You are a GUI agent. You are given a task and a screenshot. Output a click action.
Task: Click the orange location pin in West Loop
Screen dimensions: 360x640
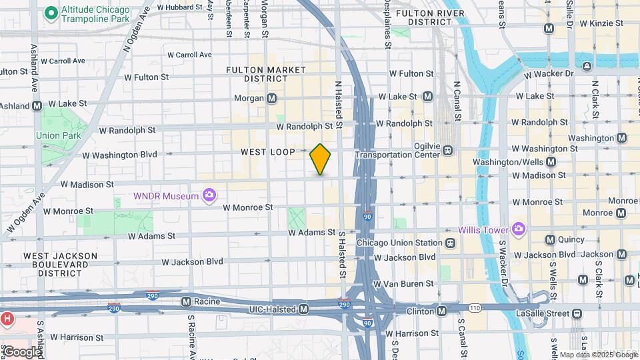(x=320, y=159)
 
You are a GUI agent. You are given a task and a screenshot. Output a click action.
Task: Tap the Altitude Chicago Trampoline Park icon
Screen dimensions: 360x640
(x=49, y=13)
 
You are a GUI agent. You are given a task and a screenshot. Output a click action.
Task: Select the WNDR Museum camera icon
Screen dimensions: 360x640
(x=209, y=195)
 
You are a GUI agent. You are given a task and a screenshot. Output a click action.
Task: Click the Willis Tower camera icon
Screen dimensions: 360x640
(x=518, y=229)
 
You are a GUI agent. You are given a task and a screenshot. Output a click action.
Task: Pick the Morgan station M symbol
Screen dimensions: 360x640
(x=271, y=98)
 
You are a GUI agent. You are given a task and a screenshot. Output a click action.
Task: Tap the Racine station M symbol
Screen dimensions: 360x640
(x=187, y=301)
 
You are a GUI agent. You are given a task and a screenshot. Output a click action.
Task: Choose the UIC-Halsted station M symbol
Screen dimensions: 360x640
(x=303, y=309)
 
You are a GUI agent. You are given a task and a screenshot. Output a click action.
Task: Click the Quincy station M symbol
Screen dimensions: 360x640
(x=550, y=239)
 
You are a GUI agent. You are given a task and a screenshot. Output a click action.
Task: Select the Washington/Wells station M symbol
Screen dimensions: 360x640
(x=551, y=161)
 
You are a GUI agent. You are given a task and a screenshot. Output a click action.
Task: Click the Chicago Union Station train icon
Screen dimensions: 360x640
(x=451, y=243)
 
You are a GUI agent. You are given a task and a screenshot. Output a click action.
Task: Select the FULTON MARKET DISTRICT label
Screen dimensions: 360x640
(x=265, y=74)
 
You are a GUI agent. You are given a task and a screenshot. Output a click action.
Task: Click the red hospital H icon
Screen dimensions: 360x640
(x=6, y=319)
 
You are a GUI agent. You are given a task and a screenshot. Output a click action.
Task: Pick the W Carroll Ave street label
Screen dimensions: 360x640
(x=189, y=55)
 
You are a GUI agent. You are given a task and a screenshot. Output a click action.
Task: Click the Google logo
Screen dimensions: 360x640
(x=22, y=351)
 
